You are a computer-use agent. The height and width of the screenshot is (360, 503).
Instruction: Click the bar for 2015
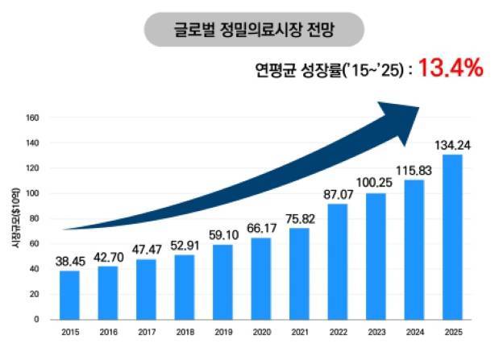pos(69,295)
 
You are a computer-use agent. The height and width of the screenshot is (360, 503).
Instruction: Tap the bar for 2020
pos(261,278)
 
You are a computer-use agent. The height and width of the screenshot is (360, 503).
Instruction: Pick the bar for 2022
pos(338,261)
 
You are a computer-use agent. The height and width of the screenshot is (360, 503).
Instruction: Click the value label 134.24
pos(452,145)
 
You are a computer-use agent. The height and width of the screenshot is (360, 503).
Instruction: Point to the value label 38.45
pos(69,261)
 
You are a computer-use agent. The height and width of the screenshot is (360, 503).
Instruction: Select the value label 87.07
pos(338,195)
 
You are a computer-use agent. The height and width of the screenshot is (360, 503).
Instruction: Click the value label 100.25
pos(376,183)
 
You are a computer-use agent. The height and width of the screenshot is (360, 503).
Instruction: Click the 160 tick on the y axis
pos(32,118)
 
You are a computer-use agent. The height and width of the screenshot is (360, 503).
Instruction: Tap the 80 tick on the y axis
pos(34,218)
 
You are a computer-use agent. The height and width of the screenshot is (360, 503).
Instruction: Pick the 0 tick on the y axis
pos(36,319)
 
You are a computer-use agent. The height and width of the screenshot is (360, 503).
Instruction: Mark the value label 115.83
pos(414,171)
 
